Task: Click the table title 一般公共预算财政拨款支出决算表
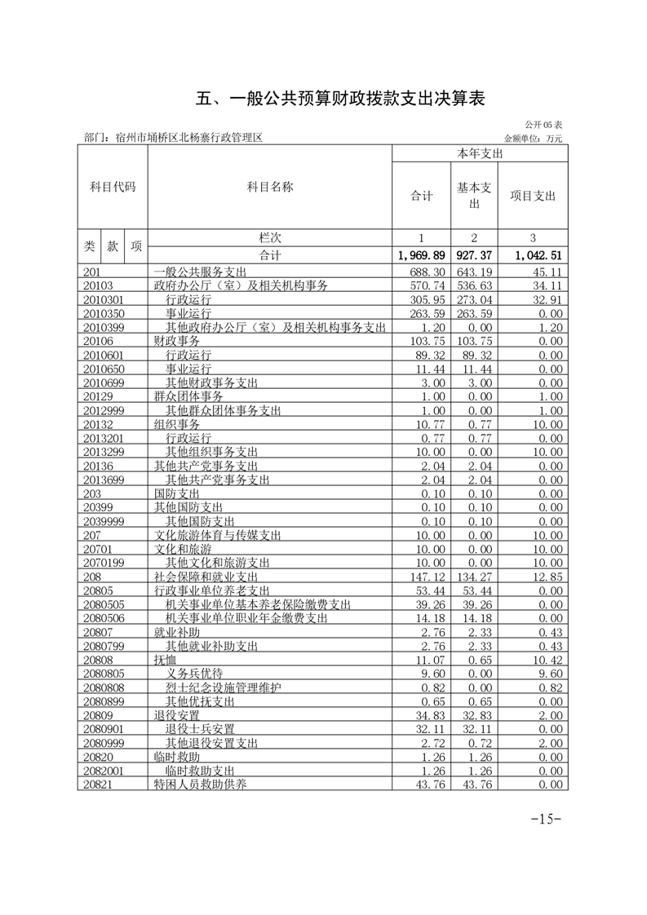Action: (x=341, y=99)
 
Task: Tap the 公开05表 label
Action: (x=543, y=126)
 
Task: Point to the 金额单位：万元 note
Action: (x=533, y=139)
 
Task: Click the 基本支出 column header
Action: (x=474, y=194)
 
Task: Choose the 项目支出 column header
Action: (x=532, y=196)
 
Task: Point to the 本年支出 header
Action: (x=480, y=152)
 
